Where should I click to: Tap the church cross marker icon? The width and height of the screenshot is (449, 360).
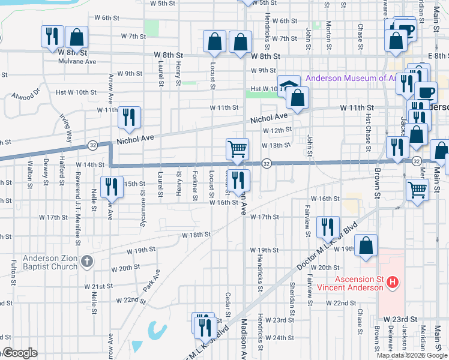(x=88, y=262)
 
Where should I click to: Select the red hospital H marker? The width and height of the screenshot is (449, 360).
(x=392, y=281)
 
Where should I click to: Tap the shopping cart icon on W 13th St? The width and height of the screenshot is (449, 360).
(x=238, y=149)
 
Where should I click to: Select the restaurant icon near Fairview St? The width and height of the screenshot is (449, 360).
(x=327, y=226)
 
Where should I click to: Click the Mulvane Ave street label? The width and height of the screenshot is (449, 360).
(x=80, y=61)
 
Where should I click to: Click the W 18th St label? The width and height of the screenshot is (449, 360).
(x=196, y=235)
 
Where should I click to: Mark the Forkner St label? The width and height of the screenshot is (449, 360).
(x=196, y=186)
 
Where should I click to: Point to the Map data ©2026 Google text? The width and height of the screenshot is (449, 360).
(x=411, y=355)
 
